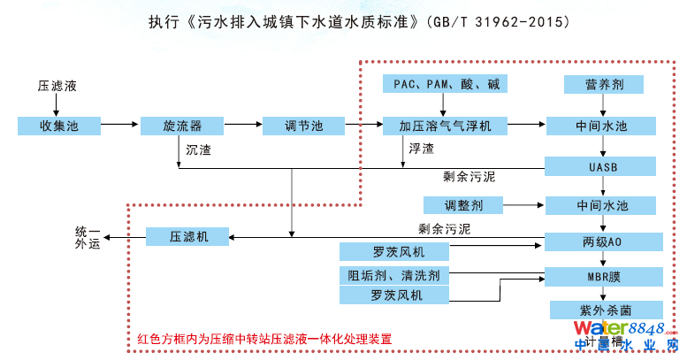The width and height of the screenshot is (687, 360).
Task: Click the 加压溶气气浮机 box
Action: tap(439, 126)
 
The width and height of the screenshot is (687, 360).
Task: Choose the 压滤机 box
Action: tap(187, 236)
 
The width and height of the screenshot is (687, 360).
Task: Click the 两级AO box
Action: tap(602, 241)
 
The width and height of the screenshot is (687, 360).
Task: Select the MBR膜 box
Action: tap(602, 275)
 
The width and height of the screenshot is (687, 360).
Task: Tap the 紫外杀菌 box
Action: tap(602, 310)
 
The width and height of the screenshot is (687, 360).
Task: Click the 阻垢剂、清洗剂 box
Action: tap(394, 274)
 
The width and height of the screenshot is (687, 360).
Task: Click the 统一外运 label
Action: tap(88, 237)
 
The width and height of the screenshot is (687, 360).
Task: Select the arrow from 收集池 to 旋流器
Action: tap(119, 126)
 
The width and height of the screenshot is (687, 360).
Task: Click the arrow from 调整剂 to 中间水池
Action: tap(523, 205)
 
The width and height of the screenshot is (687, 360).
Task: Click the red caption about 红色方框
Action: tap(264, 339)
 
